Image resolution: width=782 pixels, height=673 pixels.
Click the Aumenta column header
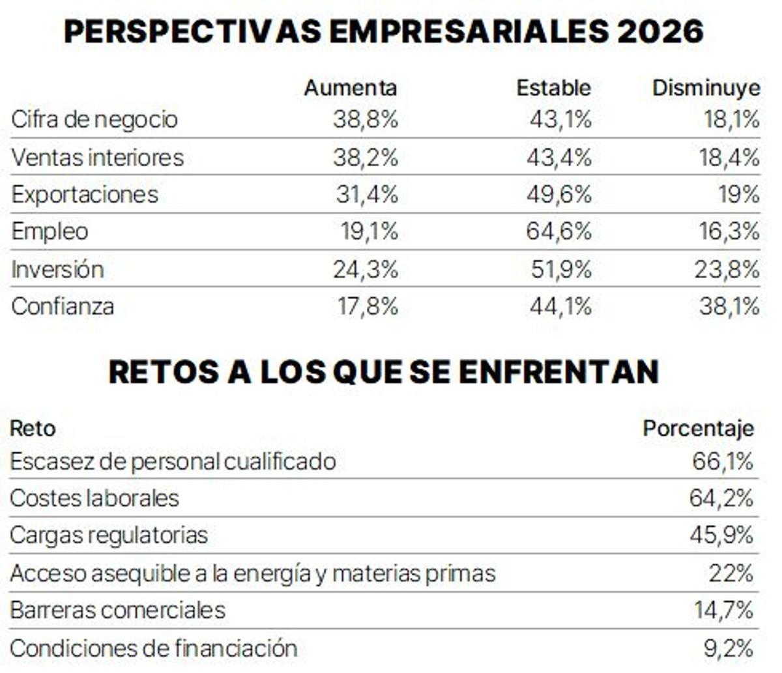tap(350, 88)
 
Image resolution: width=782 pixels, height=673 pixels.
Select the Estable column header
tap(553, 88)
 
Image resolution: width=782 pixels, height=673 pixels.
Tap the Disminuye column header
tap(706, 88)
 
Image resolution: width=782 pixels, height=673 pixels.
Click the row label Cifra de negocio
tap(94, 120)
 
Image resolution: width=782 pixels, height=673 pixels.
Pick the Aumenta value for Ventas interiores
tap(365, 158)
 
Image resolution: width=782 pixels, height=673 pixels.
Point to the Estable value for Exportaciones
tap(559, 195)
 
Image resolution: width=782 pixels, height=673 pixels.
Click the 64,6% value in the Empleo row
tap(559, 231)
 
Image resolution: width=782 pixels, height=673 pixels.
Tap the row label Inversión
tap(57, 269)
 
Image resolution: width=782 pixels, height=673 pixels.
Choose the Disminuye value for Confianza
tap(729, 306)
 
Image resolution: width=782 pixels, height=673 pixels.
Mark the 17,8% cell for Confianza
tap(368, 306)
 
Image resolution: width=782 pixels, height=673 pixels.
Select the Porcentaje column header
tap(698, 429)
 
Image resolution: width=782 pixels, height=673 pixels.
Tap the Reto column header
tap(33, 429)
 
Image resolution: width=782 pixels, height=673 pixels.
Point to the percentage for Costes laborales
tap(721, 498)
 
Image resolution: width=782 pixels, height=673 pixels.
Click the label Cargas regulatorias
tap(109, 536)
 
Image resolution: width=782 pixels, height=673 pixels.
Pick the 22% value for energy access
tap(731, 573)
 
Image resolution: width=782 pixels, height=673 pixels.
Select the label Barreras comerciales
tap(117, 610)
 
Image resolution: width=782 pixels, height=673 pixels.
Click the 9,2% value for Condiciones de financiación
tap(728, 648)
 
